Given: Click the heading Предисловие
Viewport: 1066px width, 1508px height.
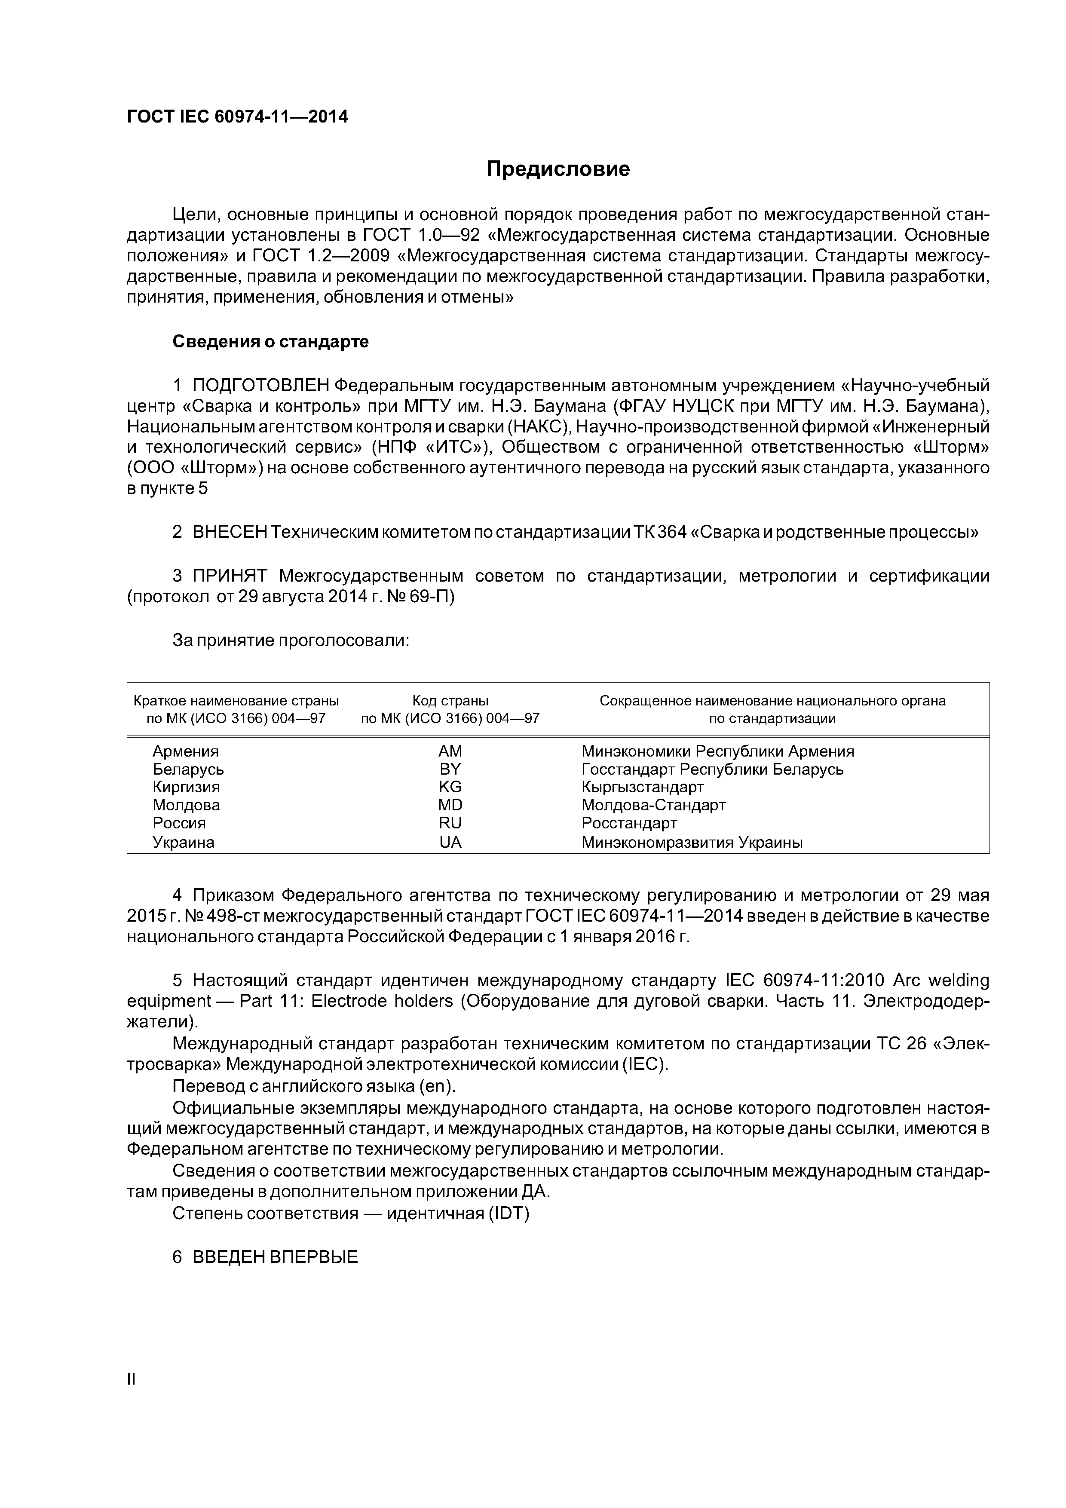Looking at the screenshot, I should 558,169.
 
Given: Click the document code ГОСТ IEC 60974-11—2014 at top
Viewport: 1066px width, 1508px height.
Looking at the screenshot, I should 237,117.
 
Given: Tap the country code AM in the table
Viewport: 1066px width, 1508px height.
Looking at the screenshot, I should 450,751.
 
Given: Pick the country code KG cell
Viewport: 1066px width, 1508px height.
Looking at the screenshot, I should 450,787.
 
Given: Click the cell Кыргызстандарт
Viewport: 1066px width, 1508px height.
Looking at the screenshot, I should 642,787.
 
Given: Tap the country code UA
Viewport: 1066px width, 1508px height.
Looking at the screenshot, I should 450,842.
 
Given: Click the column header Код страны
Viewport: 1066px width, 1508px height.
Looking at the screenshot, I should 450,701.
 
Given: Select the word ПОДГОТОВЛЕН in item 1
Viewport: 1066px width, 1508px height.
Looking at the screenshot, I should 262,385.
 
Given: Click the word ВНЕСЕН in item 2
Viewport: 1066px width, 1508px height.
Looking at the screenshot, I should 230,532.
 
